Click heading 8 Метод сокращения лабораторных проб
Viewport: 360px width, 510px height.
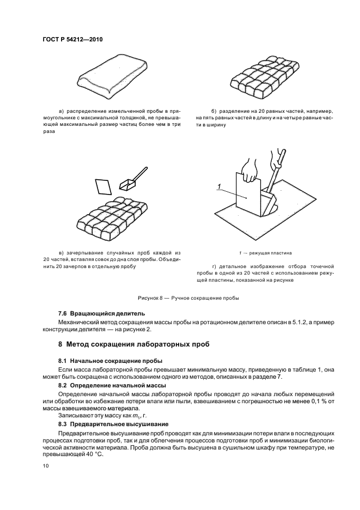(x=134, y=344)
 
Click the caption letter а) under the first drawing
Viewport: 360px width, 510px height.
(x=62, y=111)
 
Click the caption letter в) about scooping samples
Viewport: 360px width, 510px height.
(x=62, y=253)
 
